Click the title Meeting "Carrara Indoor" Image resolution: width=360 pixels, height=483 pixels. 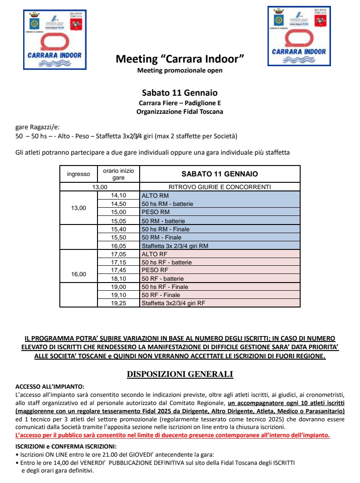[180, 59]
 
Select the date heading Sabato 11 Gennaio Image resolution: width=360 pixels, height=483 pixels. [180, 93]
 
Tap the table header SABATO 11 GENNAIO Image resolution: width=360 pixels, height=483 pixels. [219, 174]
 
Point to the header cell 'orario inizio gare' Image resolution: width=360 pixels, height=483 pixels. [118, 174]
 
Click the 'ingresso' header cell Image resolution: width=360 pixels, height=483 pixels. [78, 174]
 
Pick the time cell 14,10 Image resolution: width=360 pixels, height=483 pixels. [118, 195]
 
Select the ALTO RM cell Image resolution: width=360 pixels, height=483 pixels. [219, 195]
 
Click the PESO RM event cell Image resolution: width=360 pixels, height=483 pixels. [219, 212]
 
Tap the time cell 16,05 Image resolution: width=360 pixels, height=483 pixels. [118, 245]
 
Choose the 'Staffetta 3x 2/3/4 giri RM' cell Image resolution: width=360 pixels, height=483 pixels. [219, 245]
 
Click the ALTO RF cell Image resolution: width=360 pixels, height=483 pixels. [219, 254]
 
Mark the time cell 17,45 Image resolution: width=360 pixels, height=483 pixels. [118, 270]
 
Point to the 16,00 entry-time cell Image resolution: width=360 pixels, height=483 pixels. [78, 274]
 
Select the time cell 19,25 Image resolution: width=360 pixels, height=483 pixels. [118, 303]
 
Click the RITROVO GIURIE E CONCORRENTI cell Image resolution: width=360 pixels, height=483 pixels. [219, 186]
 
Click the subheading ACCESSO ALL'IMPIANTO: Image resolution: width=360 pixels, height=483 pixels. [50, 386]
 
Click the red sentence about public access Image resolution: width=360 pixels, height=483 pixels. [173, 435]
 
